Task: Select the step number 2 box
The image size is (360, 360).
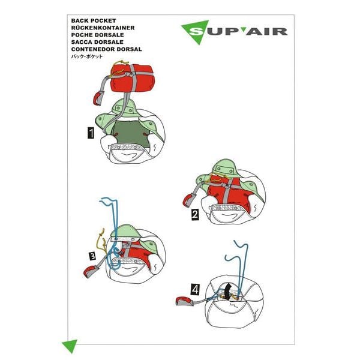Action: (x=195, y=214)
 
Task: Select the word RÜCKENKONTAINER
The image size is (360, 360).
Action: (x=102, y=28)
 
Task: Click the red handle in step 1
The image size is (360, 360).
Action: (x=99, y=97)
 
